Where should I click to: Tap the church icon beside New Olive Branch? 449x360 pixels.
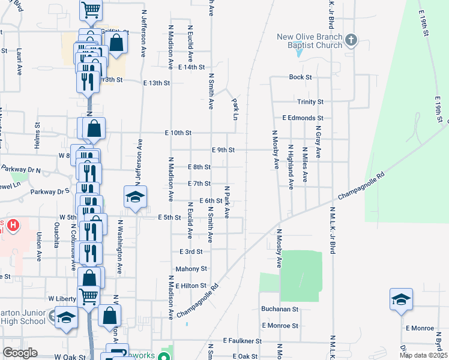coord(351,41)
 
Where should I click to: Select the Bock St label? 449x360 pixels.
coord(300,77)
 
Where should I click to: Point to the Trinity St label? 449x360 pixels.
coord(310,102)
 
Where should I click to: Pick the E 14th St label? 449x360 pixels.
coord(191,67)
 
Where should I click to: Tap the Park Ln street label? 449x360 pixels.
coord(235,109)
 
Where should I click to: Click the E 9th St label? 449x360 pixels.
coord(223,150)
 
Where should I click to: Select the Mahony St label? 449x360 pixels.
coord(191,269)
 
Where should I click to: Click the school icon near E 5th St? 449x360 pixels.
coord(136,197)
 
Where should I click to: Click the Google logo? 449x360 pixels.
coord(20,353)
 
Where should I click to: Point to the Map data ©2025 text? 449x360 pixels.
coord(423,355)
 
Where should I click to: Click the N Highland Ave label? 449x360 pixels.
coord(291,167)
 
